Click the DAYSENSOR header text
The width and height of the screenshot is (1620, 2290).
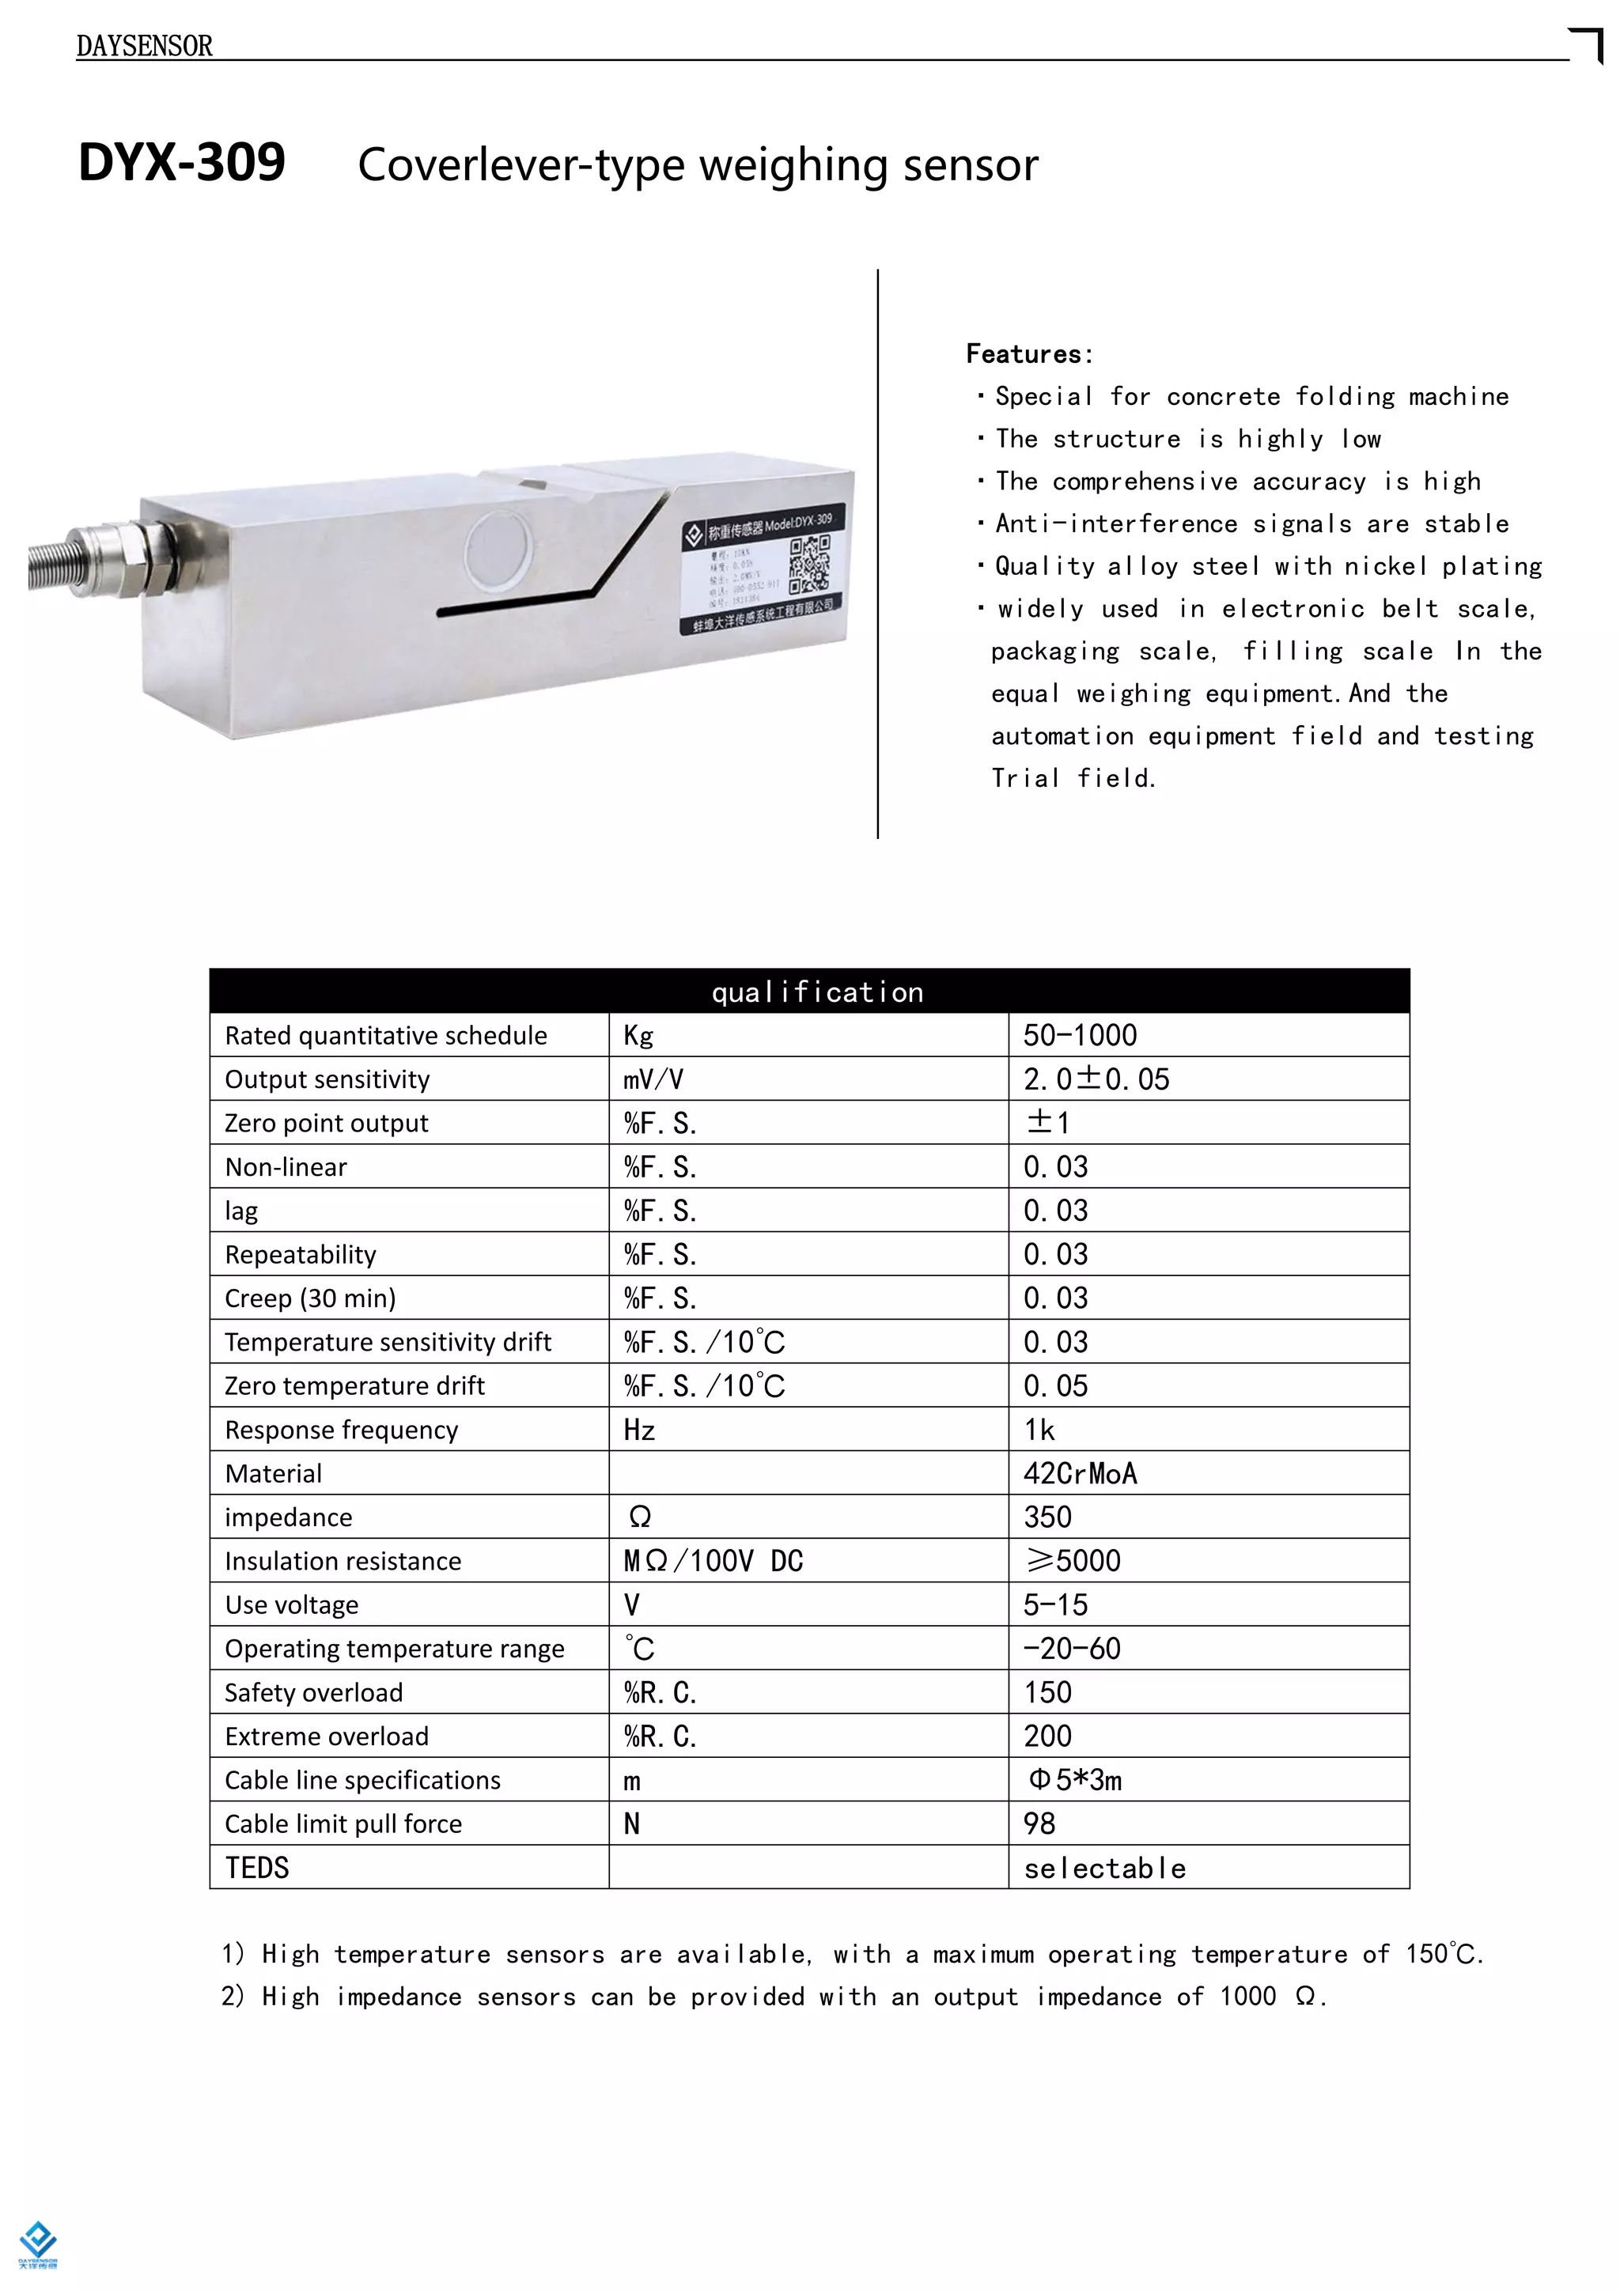(x=144, y=46)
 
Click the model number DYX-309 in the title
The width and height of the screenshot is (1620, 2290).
(x=182, y=163)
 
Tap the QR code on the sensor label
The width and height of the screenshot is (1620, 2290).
(x=809, y=565)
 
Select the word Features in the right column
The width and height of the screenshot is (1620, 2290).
(x=1028, y=354)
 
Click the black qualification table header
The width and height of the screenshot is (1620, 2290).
(x=809, y=992)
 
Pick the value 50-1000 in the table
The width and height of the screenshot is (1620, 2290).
(x=1079, y=1035)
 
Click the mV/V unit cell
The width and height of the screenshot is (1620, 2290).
(x=653, y=1079)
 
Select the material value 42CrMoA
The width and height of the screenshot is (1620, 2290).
(x=1079, y=1473)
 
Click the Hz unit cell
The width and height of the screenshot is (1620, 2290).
(x=639, y=1430)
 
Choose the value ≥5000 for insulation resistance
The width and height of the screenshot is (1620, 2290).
(x=1073, y=1561)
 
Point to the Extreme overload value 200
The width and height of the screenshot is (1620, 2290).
(x=1047, y=1736)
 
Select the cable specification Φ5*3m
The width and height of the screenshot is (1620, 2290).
(x=1074, y=1780)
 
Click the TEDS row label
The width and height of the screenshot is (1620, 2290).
(x=256, y=1867)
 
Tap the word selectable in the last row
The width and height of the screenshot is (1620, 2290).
(x=1104, y=1868)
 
